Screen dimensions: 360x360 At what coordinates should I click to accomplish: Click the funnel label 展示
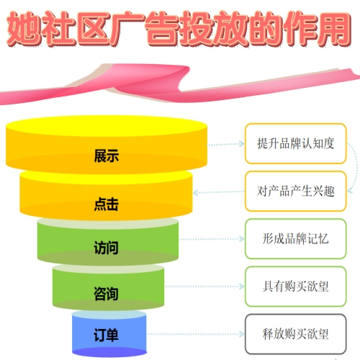coord(107,156)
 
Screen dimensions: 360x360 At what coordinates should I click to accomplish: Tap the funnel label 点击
coord(107,204)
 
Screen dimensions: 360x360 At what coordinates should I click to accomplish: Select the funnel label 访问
coord(106,248)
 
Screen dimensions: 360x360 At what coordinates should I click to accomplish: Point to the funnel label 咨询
coord(106,294)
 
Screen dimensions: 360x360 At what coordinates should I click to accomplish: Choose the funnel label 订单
coord(106,335)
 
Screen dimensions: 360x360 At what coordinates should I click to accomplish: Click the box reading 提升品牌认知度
coord(295,143)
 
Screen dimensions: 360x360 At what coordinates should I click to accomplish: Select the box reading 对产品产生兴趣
coord(295,192)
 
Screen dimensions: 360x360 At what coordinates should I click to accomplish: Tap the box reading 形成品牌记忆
coord(295,239)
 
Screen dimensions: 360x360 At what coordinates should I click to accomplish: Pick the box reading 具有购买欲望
coord(295,287)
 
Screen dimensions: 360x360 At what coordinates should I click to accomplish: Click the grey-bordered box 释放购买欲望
coord(295,334)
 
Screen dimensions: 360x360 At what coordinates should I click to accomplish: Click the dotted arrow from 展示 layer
coord(226,144)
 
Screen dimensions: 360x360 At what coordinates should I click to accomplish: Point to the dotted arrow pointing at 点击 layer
coord(219,192)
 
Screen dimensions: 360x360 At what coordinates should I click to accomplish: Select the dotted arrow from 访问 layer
coord(212,239)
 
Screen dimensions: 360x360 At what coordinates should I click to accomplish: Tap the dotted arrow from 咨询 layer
coord(204,287)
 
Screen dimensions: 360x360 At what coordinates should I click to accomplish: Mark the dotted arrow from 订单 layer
coord(196,334)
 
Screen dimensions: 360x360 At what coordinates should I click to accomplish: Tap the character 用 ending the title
coord(334,29)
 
